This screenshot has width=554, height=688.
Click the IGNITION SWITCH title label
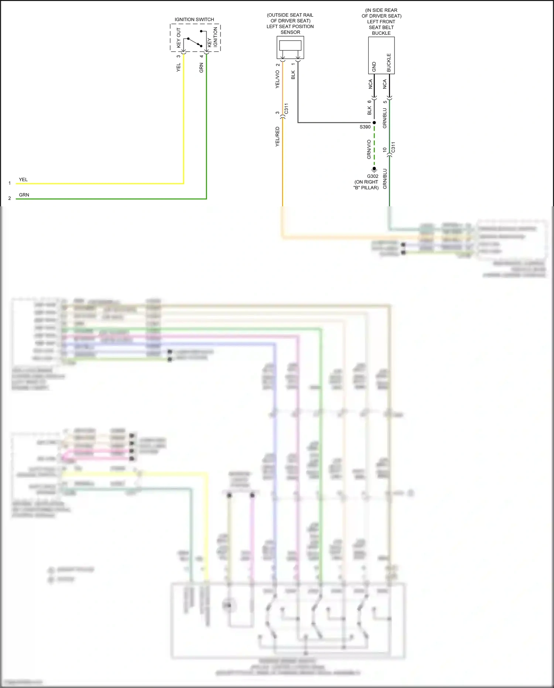click(x=194, y=19)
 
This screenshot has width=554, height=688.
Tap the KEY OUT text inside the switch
click(x=179, y=38)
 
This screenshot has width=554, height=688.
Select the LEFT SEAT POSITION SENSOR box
click(x=290, y=47)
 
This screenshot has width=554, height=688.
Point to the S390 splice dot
click(x=374, y=123)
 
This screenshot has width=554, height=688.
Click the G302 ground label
click(x=373, y=176)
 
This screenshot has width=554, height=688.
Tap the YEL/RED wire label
click(x=277, y=137)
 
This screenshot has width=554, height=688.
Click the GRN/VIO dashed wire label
click(x=369, y=149)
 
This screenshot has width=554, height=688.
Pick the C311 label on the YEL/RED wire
click(x=286, y=109)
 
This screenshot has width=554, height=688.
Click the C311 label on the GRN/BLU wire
click(x=393, y=147)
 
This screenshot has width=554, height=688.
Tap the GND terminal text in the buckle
click(x=374, y=67)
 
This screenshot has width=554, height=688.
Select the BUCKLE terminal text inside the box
click(x=389, y=63)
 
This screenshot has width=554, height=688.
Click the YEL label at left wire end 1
click(x=23, y=180)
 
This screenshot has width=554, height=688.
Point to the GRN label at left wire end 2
click(x=24, y=195)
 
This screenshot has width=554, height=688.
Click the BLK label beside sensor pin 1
click(x=293, y=75)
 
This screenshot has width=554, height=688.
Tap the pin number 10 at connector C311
click(x=384, y=150)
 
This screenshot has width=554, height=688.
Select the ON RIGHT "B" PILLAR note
click(x=366, y=185)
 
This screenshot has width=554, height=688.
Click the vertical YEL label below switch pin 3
click(x=178, y=67)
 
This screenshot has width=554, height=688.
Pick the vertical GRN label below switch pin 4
click(x=201, y=68)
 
